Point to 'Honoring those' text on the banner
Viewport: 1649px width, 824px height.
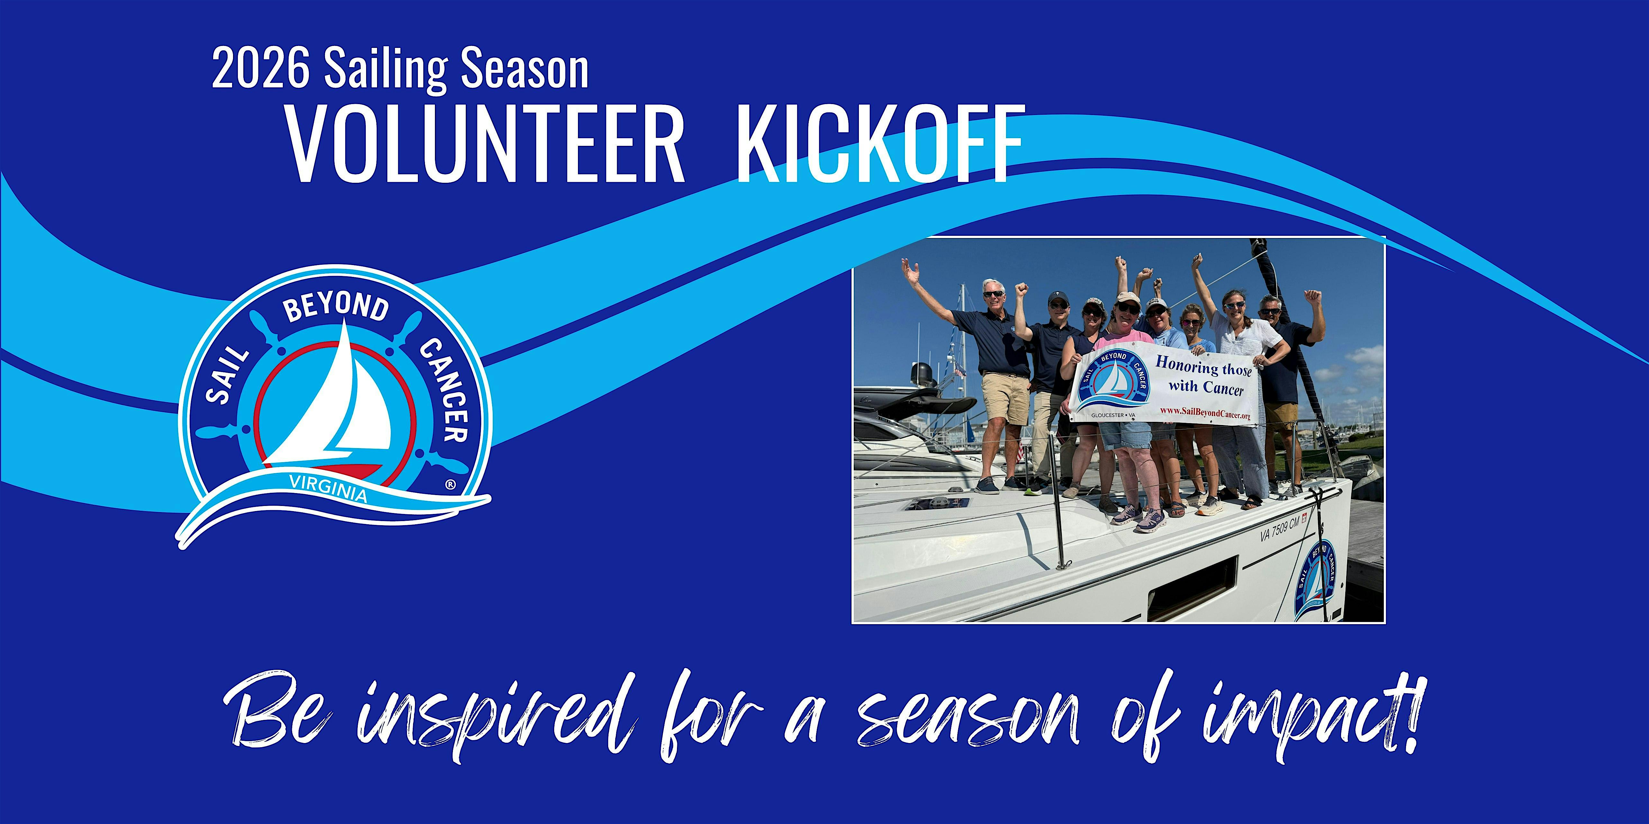pos(1203,367)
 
